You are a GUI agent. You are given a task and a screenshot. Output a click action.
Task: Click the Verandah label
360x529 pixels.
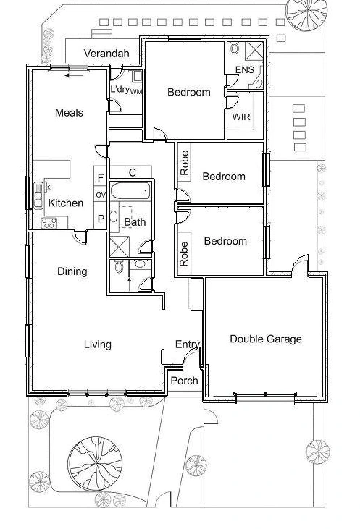[x=106, y=54]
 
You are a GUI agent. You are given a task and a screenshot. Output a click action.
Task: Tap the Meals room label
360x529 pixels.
[x=69, y=113]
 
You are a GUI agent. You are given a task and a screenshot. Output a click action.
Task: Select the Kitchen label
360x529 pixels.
[x=65, y=203]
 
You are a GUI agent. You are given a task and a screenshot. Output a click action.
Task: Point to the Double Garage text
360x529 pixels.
[x=265, y=339]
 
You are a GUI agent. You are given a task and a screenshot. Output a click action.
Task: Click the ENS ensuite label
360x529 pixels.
[x=244, y=70]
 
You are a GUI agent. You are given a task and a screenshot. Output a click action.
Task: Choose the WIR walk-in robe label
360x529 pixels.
[x=240, y=117]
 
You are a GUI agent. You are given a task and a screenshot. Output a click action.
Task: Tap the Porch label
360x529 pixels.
[x=184, y=381]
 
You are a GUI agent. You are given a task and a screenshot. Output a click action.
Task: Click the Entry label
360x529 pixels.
[x=188, y=344]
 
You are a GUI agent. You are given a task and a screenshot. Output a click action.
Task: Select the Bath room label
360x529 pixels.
[x=134, y=222]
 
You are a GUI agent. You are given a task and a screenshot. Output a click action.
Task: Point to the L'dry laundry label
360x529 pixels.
[x=120, y=90]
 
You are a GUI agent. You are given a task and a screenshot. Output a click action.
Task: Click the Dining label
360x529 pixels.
[x=72, y=271]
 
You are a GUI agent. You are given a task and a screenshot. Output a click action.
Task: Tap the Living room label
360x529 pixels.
[x=97, y=344]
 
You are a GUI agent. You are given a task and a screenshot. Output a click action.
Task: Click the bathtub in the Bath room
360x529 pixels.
[x=132, y=193]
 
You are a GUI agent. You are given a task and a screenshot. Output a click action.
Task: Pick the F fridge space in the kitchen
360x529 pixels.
[x=101, y=177]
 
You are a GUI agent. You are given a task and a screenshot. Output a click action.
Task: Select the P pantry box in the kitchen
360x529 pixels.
[x=101, y=218]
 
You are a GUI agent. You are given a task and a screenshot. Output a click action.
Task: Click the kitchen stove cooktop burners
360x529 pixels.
[x=49, y=223]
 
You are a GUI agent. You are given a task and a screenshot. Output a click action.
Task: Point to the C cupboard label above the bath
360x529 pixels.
[x=133, y=172]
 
